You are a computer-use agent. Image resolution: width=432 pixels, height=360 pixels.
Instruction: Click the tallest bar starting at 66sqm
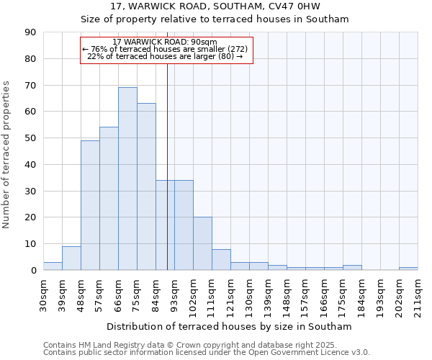click(x=127, y=179)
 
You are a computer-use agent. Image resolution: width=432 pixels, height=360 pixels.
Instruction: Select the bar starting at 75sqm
click(x=146, y=186)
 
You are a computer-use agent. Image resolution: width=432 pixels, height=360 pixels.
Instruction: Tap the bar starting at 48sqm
click(x=90, y=205)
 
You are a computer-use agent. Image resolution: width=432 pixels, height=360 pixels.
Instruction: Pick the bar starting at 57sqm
click(x=109, y=199)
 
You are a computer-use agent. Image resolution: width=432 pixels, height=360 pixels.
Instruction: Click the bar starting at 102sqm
click(x=202, y=243)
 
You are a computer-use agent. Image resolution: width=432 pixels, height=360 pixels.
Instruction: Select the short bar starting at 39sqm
click(x=71, y=258)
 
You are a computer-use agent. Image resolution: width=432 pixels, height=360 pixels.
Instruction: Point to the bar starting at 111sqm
click(x=221, y=259)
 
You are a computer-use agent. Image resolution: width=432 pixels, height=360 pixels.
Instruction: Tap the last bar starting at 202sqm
click(x=408, y=269)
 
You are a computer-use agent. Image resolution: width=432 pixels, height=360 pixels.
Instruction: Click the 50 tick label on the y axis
click(x=31, y=138)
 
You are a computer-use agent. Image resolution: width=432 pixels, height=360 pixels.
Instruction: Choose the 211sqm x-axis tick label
click(x=418, y=296)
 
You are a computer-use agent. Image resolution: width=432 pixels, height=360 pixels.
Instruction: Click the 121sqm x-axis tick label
click(x=231, y=296)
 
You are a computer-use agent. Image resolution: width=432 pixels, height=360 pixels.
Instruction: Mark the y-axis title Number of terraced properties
click(x=7, y=155)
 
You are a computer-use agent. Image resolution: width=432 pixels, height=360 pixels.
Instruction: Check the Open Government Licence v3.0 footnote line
click(x=207, y=353)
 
